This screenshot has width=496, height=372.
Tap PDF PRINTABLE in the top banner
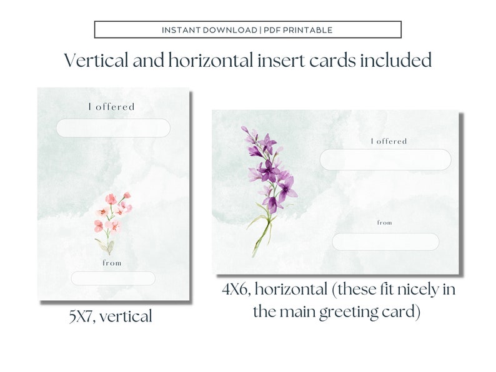tap(297, 30)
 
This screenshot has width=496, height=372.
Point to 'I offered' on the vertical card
tap(112, 107)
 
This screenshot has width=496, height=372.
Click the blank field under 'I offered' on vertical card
tap(113, 128)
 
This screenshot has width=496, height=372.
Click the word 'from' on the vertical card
tap(112, 263)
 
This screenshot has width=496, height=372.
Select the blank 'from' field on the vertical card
tap(113, 278)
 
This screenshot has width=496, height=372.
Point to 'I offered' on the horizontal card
tap(389, 141)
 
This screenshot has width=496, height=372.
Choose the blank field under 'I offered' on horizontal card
tap(385, 160)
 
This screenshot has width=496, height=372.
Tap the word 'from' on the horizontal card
tap(385, 222)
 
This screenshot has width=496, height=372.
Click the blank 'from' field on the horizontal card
tap(385, 242)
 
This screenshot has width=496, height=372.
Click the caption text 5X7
tap(84, 316)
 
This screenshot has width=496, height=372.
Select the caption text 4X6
tap(236, 290)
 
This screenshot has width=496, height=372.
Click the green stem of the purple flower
tap(263, 234)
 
